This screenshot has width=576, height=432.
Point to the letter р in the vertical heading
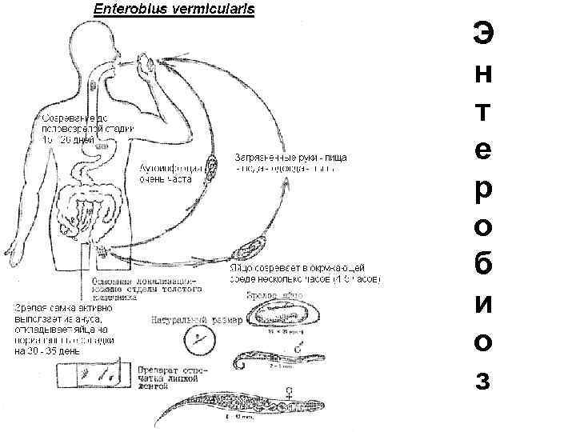482,190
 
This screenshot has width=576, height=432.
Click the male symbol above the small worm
298,349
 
